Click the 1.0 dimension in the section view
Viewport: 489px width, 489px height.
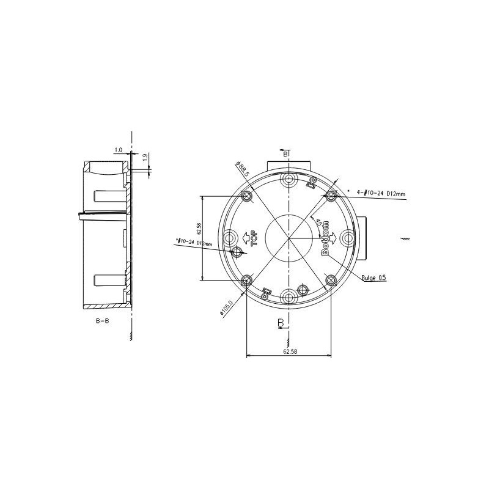[118, 150]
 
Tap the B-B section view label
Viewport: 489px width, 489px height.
[102, 321]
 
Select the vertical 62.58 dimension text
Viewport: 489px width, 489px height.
[199, 229]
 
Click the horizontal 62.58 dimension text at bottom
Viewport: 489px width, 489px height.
[288, 351]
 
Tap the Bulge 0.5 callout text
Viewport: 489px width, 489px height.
[373, 278]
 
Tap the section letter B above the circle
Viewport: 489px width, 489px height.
[285, 155]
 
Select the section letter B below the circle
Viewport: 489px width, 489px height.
[281, 322]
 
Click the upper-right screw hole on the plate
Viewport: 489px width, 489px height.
[331, 196]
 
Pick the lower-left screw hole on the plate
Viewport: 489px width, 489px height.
[246, 280]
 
